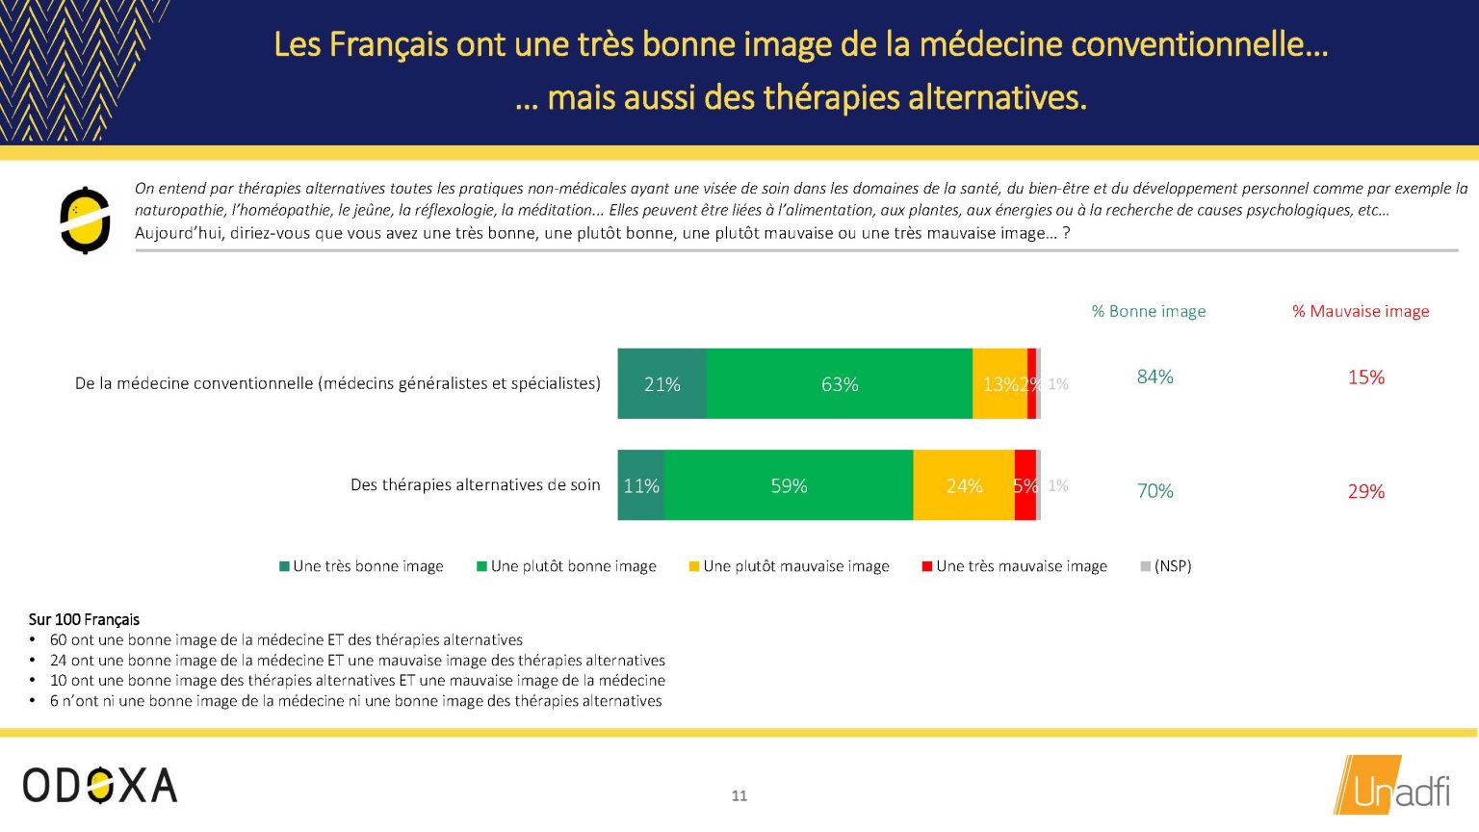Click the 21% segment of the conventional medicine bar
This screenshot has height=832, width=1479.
click(662, 383)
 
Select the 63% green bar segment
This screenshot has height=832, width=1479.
click(840, 383)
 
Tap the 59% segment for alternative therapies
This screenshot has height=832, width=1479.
click(789, 485)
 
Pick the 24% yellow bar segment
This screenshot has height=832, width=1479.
click(964, 485)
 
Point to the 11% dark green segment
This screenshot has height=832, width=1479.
click(641, 485)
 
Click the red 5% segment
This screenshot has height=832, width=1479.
click(1025, 485)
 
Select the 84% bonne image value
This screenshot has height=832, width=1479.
click(1155, 377)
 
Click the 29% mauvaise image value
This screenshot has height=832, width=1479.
click(1366, 491)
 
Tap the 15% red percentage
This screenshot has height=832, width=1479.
click(1366, 377)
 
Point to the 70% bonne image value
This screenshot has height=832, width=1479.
click(1155, 491)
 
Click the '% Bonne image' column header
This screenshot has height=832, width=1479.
click(1148, 311)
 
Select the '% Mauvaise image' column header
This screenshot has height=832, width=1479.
click(1361, 311)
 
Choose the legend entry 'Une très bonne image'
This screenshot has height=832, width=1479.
click(361, 566)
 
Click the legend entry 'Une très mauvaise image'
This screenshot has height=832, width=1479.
click(1014, 566)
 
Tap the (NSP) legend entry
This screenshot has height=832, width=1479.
click(1166, 566)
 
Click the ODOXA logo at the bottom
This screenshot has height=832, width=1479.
click(100, 785)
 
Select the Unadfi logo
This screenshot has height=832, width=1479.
click(1391, 785)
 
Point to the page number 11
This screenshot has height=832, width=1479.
click(739, 795)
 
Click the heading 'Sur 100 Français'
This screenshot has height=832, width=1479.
click(84, 619)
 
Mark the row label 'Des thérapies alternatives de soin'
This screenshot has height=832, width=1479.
click(476, 485)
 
